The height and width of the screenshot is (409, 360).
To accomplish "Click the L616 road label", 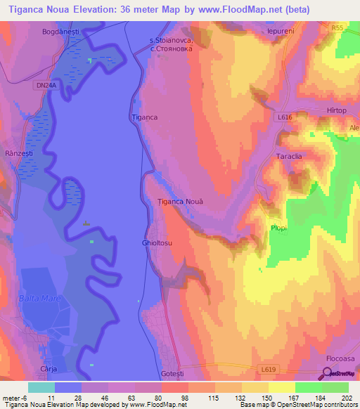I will [284, 117].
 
